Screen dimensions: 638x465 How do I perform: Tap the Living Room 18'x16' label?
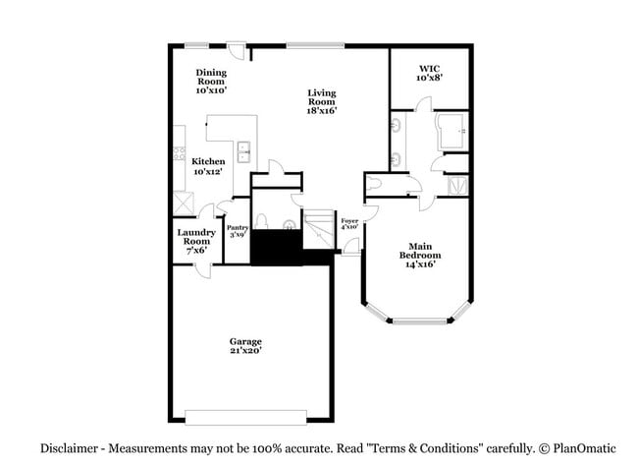point(322,101)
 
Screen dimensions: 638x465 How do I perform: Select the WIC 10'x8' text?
point(429,73)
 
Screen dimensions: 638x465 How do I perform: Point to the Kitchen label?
point(208,161)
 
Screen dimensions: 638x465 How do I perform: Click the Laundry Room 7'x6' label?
point(196,241)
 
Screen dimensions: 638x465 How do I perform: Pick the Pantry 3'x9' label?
point(238,231)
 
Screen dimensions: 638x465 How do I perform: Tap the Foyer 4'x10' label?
point(349,224)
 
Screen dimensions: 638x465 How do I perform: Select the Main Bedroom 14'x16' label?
point(420,256)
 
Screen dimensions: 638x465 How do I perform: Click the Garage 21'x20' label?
point(245,346)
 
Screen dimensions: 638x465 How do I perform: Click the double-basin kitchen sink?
point(243,152)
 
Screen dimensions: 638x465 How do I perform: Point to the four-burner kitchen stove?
point(179,153)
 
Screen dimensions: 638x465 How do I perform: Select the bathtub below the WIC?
point(452,131)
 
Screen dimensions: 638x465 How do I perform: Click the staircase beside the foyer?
point(319,229)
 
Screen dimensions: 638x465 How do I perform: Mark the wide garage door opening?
point(245,418)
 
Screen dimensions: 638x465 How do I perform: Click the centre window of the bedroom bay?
point(420,320)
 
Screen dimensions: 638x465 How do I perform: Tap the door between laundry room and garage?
point(202,269)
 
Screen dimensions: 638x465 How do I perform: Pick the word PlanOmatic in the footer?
point(584,448)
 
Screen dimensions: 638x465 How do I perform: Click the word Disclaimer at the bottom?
point(69,448)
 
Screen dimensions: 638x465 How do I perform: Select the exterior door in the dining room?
point(237,50)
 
